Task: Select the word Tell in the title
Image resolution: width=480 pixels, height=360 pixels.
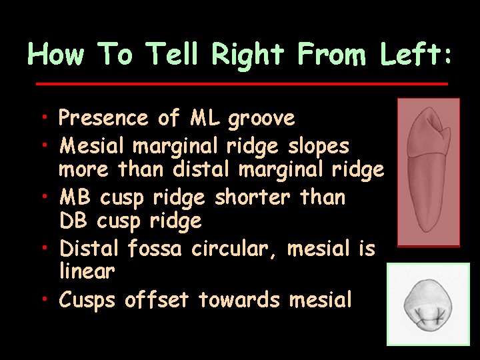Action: pos(173,54)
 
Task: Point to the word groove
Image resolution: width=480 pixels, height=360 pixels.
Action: pos(261,119)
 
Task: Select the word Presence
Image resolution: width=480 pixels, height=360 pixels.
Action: pos(103,119)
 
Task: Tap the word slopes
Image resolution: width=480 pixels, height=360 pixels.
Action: pos(319,145)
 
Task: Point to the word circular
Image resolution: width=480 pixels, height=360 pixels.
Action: pos(235,249)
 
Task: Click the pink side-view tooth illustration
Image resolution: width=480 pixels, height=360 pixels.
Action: pos(429,171)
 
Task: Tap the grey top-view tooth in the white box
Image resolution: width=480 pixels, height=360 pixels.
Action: pos(428,304)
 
